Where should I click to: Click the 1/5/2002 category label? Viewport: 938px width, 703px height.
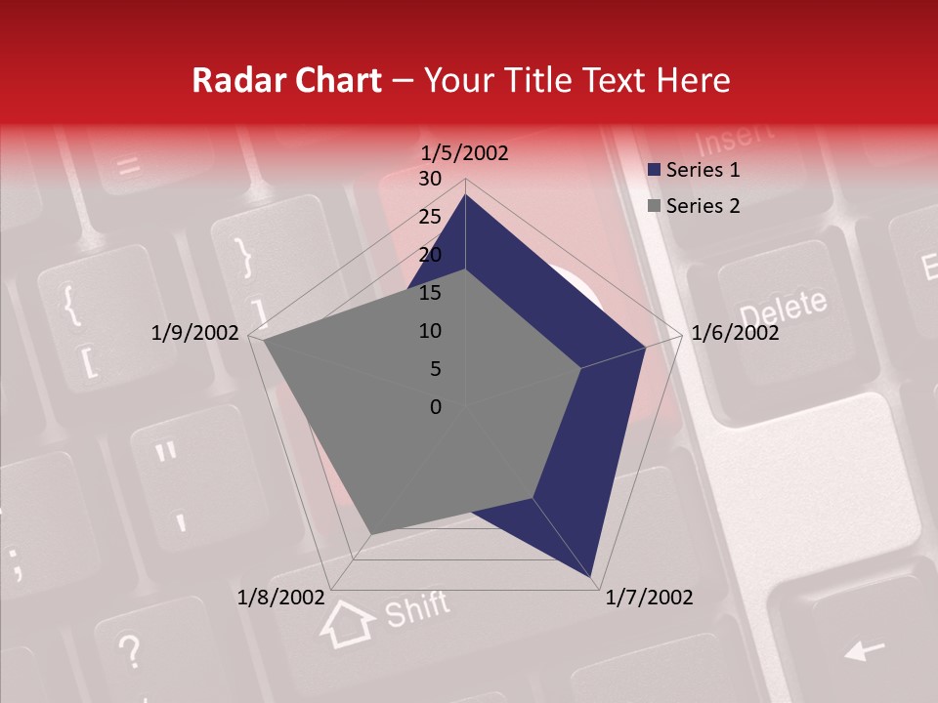[464, 153]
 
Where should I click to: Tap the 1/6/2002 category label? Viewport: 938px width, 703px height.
[735, 333]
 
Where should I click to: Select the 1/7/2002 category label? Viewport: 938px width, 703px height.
[649, 598]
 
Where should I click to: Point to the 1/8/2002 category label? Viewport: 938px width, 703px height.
[281, 598]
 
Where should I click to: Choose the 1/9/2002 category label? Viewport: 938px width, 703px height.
[195, 333]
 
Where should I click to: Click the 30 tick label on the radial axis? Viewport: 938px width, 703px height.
[430, 179]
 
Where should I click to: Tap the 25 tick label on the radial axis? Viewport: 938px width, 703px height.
[430, 217]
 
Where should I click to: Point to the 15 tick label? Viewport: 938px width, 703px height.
[430, 293]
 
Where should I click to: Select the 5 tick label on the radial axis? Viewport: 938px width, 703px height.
[435, 369]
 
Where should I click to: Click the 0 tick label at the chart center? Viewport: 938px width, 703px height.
[436, 407]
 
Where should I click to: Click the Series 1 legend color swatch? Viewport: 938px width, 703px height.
[655, 171]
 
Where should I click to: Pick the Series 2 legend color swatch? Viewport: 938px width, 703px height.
[655, 206]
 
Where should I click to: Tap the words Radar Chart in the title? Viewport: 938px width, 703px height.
[286, 80]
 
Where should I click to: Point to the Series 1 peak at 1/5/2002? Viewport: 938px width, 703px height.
[465, 195]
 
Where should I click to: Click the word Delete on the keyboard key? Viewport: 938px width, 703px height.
[783, 309]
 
